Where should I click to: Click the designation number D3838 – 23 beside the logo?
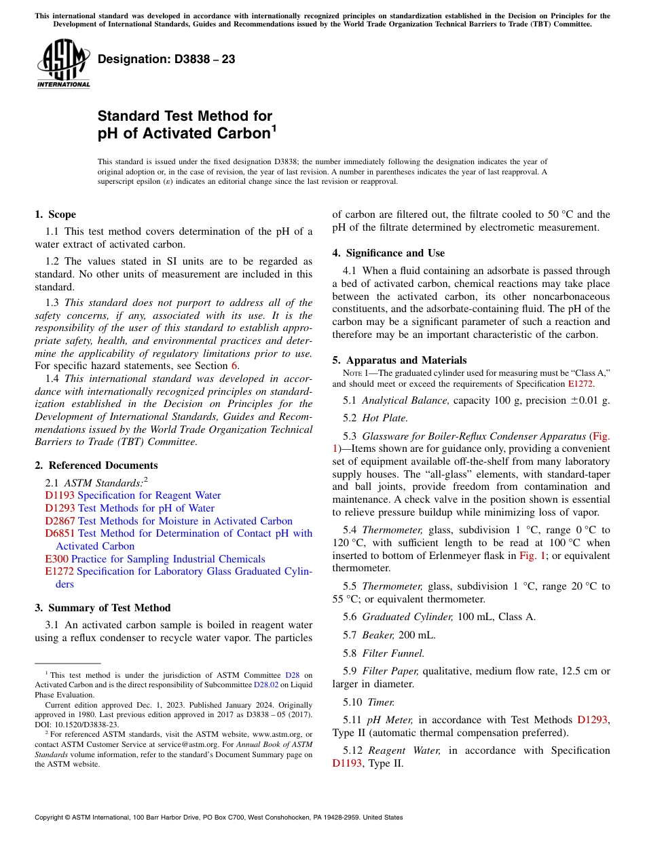click(166, 60)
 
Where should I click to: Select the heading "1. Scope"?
click(55, 214)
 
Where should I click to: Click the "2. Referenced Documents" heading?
click(96, 465)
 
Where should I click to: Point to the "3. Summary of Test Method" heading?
click(103, 608)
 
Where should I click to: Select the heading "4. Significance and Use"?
click(388, 253)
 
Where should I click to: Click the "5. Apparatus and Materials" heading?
click(399, 360)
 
